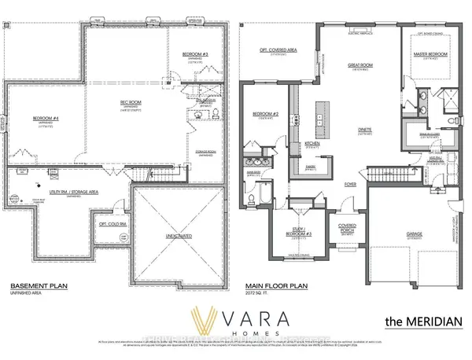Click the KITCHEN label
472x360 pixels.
click(312, 144)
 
